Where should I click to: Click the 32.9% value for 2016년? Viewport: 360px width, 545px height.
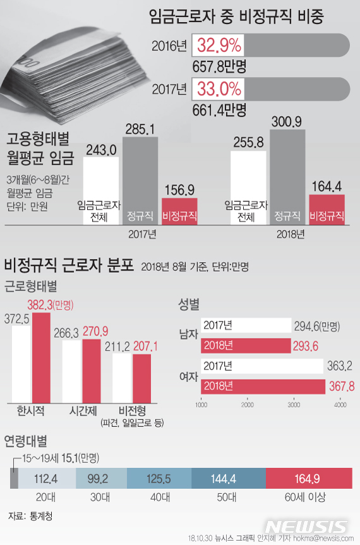point(219,45)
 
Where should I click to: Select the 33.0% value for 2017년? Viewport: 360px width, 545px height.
point(219,88)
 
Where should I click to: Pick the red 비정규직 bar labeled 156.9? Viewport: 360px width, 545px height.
point(179,210)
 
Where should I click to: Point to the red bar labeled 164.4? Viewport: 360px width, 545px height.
point(327,208)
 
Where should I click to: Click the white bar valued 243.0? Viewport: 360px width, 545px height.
point(100,189)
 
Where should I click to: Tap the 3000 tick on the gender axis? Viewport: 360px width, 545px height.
point(293,404)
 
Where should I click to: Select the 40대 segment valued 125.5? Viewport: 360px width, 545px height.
point(159,478)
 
